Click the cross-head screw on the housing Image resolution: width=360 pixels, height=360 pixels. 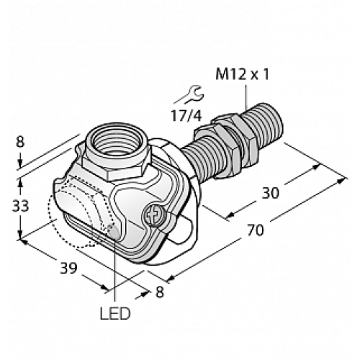point(153,215)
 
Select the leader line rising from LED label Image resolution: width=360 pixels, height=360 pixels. point(116,274)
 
